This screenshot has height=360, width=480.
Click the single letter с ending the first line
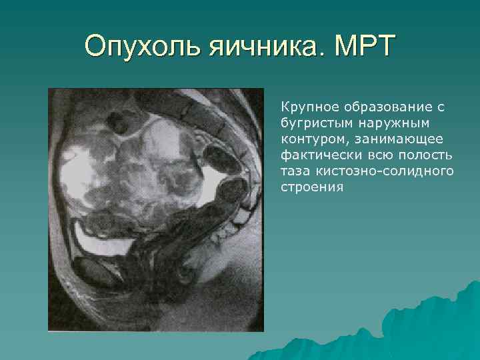[x=441, y=107]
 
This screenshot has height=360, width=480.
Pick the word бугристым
[x=313, y=123]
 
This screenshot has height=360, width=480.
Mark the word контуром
[x=310, y=139]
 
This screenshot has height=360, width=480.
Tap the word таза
[x=295, y=171]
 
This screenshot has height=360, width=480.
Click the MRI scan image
[x=155, y=210]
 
